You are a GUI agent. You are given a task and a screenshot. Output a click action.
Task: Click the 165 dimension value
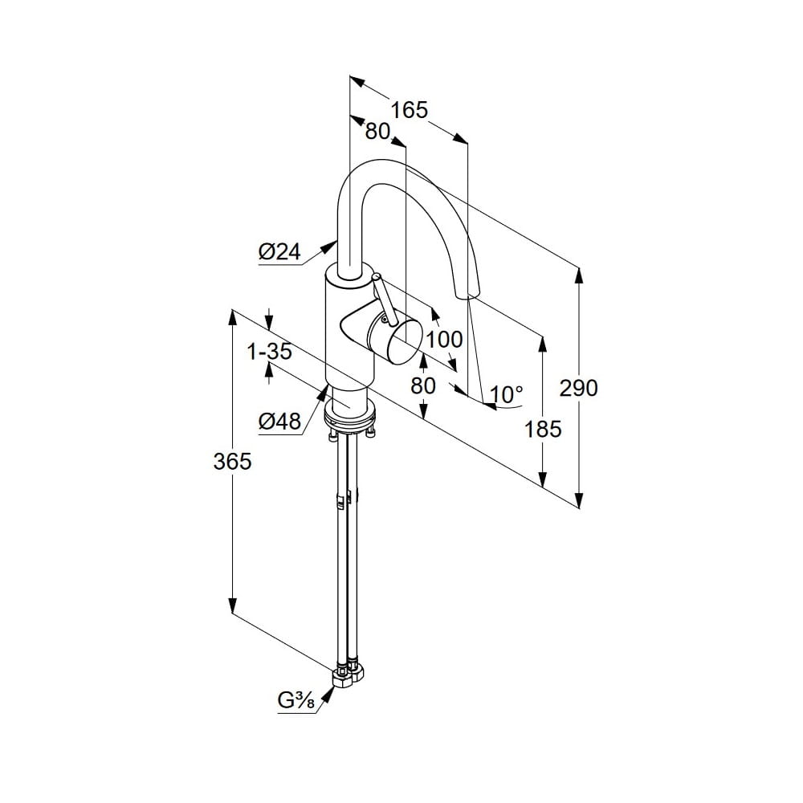click(410, 110)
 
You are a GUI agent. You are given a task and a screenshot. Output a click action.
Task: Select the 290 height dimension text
click(579, 388)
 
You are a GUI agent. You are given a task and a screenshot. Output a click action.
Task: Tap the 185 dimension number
click(544, 429)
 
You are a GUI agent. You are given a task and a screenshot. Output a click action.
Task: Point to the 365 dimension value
click(233, 461)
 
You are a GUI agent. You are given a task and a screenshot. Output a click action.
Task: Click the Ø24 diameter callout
click(279, 252)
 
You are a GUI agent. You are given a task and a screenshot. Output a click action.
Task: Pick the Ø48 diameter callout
click(279, 421)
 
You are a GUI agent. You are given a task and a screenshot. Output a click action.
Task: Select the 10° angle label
click(507, 394)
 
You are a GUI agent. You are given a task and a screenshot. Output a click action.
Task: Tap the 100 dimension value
click(444, 339)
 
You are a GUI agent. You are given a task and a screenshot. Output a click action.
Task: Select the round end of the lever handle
click(376, 277)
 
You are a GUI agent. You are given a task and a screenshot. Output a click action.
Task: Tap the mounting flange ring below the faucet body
click(350, 418)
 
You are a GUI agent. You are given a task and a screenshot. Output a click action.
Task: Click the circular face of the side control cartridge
click(405, 342)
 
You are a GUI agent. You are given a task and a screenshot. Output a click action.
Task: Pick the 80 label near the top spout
click(377, 131)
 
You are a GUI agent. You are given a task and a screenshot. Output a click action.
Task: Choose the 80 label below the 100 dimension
click(423, 385)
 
